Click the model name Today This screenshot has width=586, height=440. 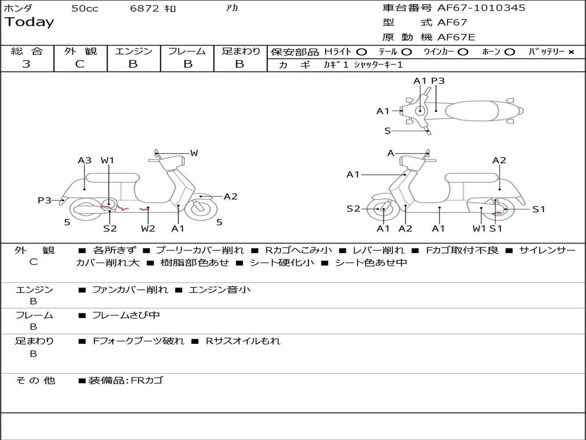coord(29,22)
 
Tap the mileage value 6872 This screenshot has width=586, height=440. coord(145,9)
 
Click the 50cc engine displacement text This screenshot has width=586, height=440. coord(85,9)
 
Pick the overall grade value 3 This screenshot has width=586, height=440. coord(26,64)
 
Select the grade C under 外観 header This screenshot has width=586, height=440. coord(80,64)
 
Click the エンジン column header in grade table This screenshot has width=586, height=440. coord(133,51)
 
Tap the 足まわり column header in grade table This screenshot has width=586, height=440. coord(240,51)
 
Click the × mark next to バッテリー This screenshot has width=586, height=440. coord(571,52)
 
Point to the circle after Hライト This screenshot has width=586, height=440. coord(361,52)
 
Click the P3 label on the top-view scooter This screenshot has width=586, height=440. coord(438,81)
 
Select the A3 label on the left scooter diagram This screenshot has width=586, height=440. coord(85,160)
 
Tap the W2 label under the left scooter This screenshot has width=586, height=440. coord(148,229)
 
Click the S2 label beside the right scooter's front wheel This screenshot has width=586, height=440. coord(354,209)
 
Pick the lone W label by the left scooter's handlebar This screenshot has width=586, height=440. coord(194,153)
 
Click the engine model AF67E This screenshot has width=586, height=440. coord(456,37)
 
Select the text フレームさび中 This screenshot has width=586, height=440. coord(126,315)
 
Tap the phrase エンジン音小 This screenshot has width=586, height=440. coord(219,290)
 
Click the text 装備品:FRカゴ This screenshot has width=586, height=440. coord(125,380)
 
